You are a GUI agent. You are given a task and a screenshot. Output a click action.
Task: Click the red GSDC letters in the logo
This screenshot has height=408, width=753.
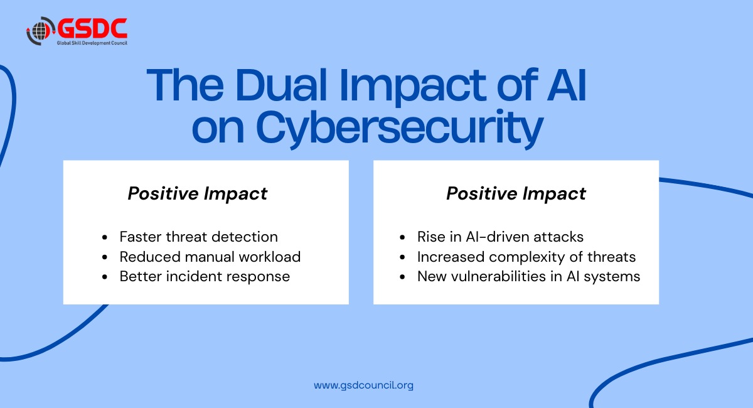92,28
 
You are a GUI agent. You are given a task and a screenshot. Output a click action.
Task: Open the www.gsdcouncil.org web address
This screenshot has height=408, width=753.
363,385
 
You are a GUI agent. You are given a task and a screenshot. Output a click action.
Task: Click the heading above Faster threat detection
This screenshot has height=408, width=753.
198,193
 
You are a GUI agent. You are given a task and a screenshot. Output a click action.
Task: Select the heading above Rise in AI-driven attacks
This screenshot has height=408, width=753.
516,193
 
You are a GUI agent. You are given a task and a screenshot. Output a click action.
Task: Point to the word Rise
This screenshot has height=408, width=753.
432,237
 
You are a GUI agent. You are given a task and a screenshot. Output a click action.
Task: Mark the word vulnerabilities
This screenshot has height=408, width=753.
502,276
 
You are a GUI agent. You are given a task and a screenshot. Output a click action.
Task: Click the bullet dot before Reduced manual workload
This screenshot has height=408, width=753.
105,257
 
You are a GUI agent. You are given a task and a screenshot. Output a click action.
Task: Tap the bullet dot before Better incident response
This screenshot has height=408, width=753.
105,277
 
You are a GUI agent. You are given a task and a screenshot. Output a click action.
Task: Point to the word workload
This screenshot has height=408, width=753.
271,257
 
